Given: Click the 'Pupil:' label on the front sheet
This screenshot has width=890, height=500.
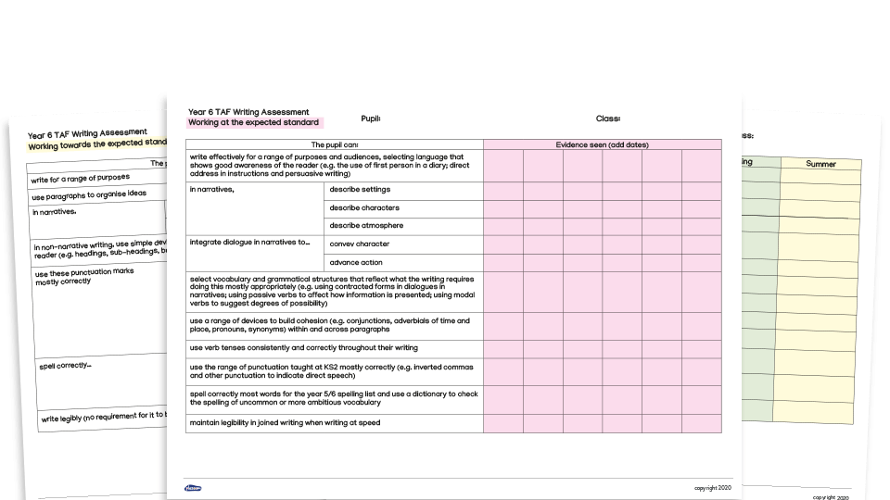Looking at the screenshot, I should coord(371,119).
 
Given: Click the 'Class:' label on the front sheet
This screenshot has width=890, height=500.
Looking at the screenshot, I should coord(608,119).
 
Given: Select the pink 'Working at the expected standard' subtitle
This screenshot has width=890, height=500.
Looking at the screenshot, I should coord(254,122).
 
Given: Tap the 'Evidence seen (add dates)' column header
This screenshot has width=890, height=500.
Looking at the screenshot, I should coord(602,145).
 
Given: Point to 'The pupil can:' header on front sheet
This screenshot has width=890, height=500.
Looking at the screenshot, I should coord(335,145).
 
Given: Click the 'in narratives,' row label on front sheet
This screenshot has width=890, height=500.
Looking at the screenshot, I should coord(212,190).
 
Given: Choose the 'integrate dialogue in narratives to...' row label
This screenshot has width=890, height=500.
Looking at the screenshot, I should coord(249,243).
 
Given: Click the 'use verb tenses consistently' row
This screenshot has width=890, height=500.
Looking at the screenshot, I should coord(303,347).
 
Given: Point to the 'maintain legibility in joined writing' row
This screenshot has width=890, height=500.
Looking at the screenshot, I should coord(285,423).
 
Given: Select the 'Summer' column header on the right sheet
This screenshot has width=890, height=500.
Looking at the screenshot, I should coord(820,164).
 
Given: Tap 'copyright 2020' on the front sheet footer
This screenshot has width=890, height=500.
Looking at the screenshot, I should coord(713,488).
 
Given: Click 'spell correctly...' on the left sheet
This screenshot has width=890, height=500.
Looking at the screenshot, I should coord(65,366).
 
